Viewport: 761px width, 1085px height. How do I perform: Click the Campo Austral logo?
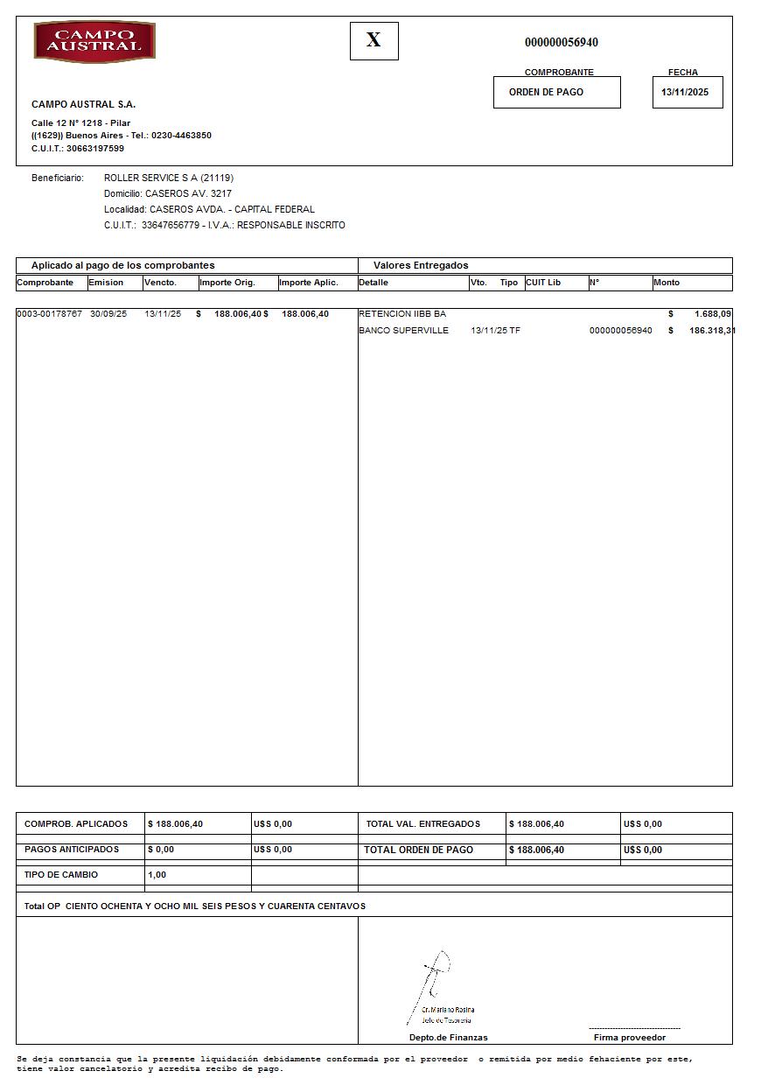click(x=94, y=42)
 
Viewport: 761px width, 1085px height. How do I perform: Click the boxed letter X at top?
click(x=374, y=40)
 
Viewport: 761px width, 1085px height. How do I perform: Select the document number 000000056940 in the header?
click(x=561, y=42)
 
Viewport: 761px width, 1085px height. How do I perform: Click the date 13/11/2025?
click(x=685, y=92)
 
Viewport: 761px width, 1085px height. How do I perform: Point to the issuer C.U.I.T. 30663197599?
click(x=78, y=149)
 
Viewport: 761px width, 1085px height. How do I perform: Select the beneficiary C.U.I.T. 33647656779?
click(x=171, y=225)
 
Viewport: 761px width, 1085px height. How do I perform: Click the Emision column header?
click(x=106, y=283)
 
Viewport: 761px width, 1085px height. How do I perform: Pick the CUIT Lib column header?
click(x=543, y=283)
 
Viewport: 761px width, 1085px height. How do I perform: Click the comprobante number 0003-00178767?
click(x=49, y=313)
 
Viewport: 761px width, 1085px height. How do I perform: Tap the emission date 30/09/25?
click(x=108, y=313)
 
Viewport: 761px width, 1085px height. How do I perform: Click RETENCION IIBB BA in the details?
click(x=402, y=313)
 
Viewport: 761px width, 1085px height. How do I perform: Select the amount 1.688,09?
click(x=713, y=313)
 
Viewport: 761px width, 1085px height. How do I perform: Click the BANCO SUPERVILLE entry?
click(x=403, y=330)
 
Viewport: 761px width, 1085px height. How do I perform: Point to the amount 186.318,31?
click(x=709, y=330)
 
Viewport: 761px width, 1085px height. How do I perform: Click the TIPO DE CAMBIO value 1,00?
click(x=157, y=875)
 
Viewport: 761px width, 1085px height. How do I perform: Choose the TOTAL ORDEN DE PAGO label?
click(x=418, y=850)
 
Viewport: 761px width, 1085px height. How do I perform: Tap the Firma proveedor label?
click(x=629, y=1038)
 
